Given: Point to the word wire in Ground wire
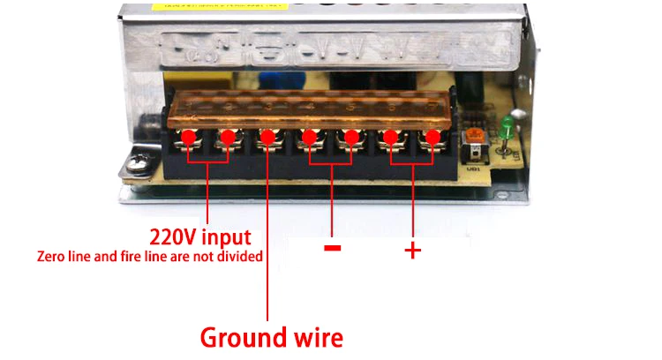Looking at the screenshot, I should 312,337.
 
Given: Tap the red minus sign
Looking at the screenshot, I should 332,248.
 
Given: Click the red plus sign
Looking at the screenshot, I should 412,251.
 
